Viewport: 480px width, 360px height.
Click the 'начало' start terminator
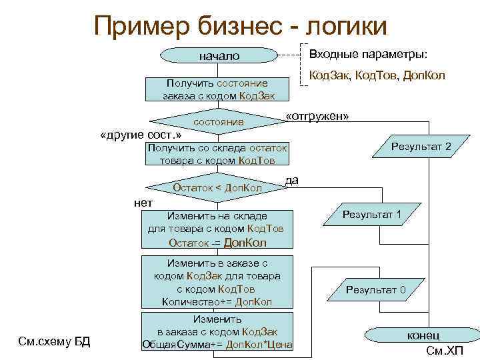219,57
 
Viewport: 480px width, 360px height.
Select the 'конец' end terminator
423,335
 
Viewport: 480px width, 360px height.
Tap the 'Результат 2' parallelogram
421,147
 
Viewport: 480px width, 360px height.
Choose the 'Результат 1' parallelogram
371,215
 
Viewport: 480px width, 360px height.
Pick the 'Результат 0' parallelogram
375,289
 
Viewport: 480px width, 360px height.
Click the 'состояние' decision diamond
218,123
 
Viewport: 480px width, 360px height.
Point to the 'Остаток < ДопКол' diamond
217,188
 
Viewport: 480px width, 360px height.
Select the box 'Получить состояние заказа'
218,89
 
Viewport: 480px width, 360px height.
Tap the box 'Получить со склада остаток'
217,155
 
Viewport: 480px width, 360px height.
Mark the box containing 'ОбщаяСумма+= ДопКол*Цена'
217,332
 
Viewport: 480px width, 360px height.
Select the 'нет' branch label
143,203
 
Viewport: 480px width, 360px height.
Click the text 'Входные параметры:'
369,54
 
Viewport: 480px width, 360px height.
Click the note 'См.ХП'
444,351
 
